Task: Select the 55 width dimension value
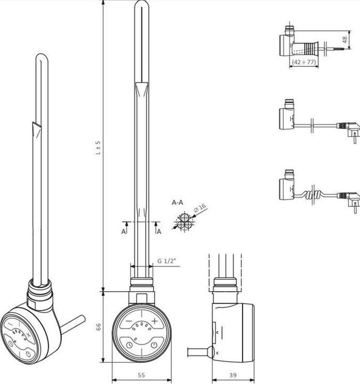[141, 375]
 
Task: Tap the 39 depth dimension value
[233, 375]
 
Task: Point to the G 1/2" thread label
[166, 261]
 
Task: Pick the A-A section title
[178, 203]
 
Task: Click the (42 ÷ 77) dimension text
[303, 62]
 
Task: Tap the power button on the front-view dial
[154, 346]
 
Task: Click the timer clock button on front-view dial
[130, 346]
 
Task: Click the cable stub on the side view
[199, 352]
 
